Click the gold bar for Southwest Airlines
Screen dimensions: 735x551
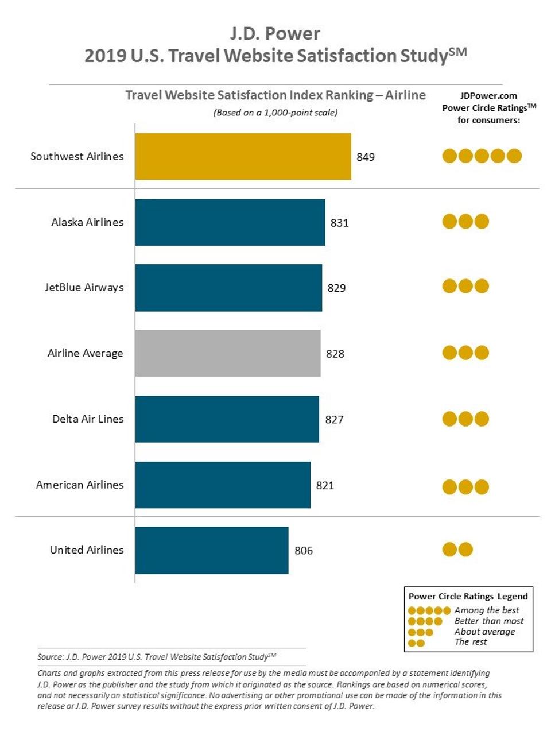point(243,157)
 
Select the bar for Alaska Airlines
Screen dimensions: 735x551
point(230,222)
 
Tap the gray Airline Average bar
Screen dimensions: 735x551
point(227,353)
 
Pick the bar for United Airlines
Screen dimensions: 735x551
point(211,550)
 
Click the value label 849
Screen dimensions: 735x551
point(366,157)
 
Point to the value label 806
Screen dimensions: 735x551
point(304,550)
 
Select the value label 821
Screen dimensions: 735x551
point(325,485)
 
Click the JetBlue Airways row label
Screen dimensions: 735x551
point(84,288)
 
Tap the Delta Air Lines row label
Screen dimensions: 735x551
point(88,419)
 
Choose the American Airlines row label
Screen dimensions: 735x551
point(80,485)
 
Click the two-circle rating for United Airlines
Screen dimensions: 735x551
point(457,550)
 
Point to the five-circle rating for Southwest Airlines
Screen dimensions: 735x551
point(482,156)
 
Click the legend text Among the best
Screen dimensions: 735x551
point(487,610)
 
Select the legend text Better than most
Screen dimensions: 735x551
point(489,621)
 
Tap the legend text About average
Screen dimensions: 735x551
point(484,632)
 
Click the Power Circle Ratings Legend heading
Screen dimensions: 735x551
point(468,596)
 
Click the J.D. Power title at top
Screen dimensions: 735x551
point(275,33)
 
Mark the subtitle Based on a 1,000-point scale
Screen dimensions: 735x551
point(275,113)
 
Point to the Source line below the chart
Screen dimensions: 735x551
point(157,657)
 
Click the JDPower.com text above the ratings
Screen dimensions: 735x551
point(488,96)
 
